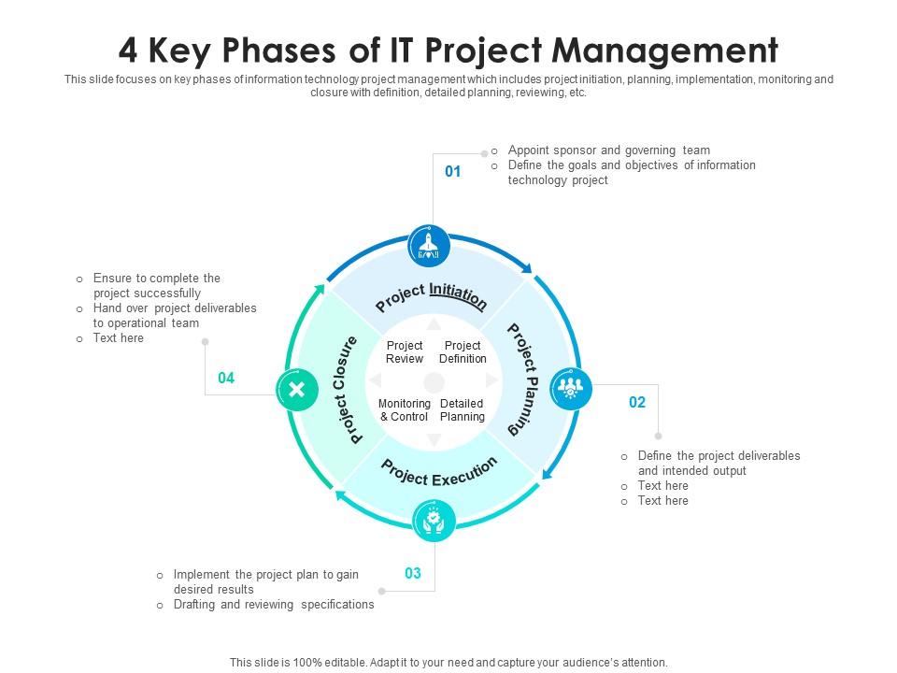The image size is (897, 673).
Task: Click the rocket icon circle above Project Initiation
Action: [429, 247]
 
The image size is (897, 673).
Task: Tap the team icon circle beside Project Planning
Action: [570, 389]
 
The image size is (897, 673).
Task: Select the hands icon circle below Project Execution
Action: [434, 521]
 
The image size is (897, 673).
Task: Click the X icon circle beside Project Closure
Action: [297, 390]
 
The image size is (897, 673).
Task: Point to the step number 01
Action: [452, 171]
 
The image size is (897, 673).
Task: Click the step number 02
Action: [636, 402]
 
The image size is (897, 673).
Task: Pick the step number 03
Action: [412, 573]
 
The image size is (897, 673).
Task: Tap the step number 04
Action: [226, 378]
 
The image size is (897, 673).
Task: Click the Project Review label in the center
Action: [405, 352]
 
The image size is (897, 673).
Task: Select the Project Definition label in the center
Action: [463, 352]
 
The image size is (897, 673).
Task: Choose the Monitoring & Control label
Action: [405, 410]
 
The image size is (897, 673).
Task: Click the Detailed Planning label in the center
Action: [462, 410]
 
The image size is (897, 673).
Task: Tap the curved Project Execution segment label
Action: [438, 473]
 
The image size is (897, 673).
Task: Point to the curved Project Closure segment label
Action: [345, 390]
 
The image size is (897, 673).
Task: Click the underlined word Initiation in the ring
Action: [458, 295]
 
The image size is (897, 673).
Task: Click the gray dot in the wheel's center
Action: [434, 381]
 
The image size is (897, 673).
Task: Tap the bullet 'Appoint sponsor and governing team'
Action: [608, 150]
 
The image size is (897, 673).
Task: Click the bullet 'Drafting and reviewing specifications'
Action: [274, 605]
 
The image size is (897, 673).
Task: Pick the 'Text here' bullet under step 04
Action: [118, 338]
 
